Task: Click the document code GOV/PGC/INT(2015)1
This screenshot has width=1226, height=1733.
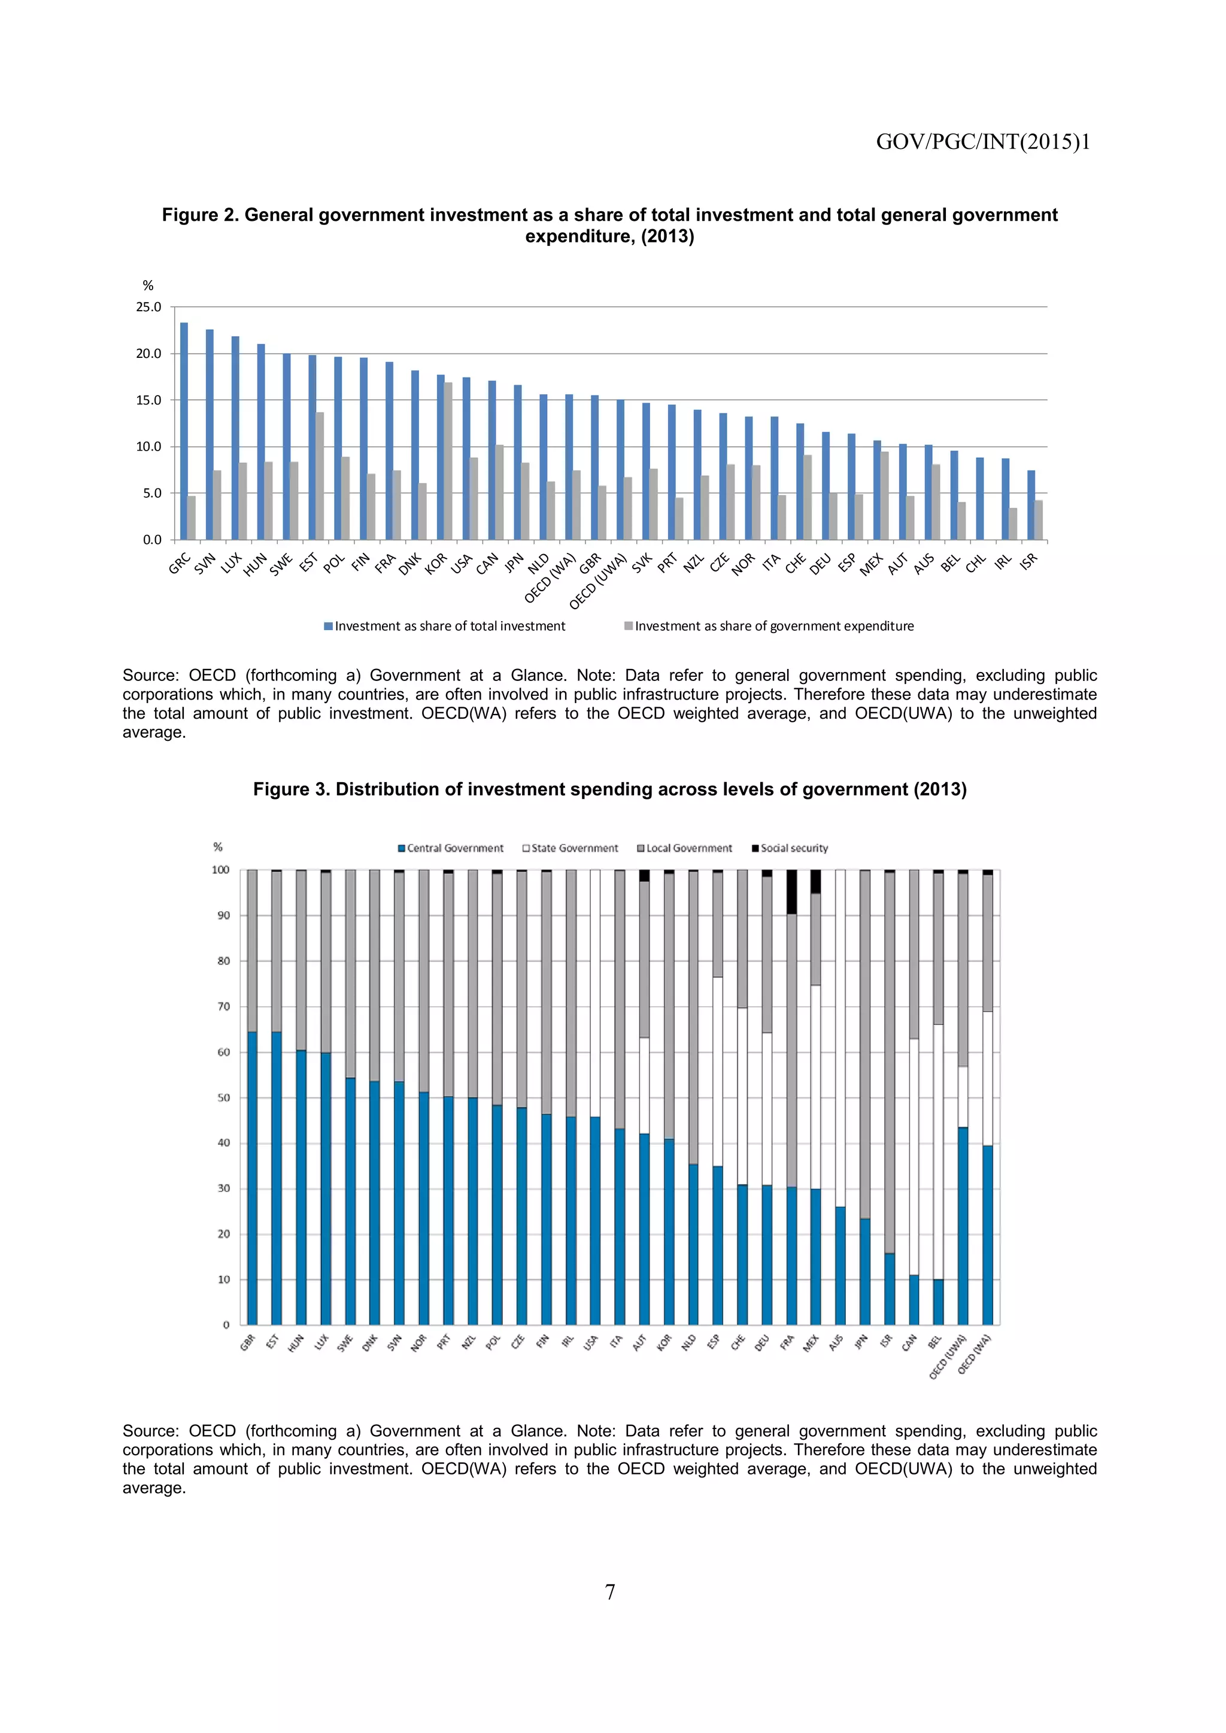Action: point(982,142)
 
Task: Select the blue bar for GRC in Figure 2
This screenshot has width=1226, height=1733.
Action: point(183,431)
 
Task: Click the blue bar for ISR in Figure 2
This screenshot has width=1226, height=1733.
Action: point(1030,505)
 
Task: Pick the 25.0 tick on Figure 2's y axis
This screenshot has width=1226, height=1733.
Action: point(148,307)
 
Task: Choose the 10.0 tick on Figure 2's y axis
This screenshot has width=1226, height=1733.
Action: point(148,447)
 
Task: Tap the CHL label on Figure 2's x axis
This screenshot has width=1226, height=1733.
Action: point(975,563)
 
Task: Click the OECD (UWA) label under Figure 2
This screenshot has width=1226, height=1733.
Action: point(598,582)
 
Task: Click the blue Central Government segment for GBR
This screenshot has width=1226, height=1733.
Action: point(252,1178)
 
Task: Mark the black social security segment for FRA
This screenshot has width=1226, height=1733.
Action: point(791,892)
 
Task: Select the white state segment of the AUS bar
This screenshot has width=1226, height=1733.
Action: point(840,1038)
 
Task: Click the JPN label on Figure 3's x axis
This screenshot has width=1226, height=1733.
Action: point(861,1341)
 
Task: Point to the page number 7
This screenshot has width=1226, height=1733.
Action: point(610,1592)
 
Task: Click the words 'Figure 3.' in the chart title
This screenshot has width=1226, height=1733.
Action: point(291,789)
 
